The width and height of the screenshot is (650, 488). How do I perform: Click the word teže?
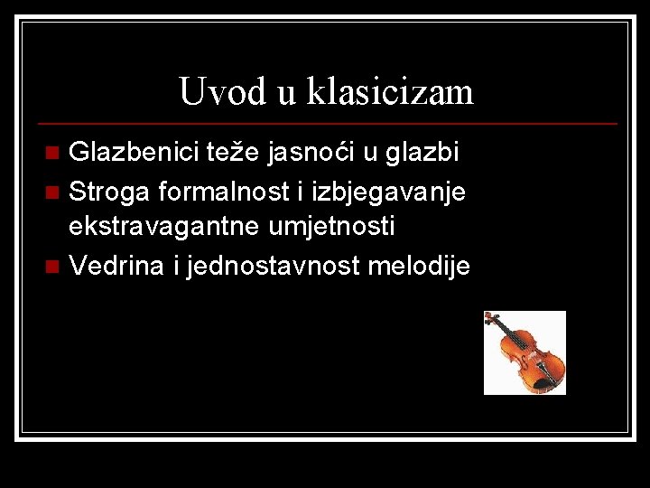pyautogui.click(x=237, y=152)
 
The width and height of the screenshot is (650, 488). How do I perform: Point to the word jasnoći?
pyautogui.click(x=309, y=153)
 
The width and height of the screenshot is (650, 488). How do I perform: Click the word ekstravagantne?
pyautogui.click(x=165, y=227)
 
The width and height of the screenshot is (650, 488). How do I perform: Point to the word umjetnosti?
pyautogui.click(x=332, y=227)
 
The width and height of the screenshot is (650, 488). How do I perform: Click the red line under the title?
pyautogui.click(x=325, y=123)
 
